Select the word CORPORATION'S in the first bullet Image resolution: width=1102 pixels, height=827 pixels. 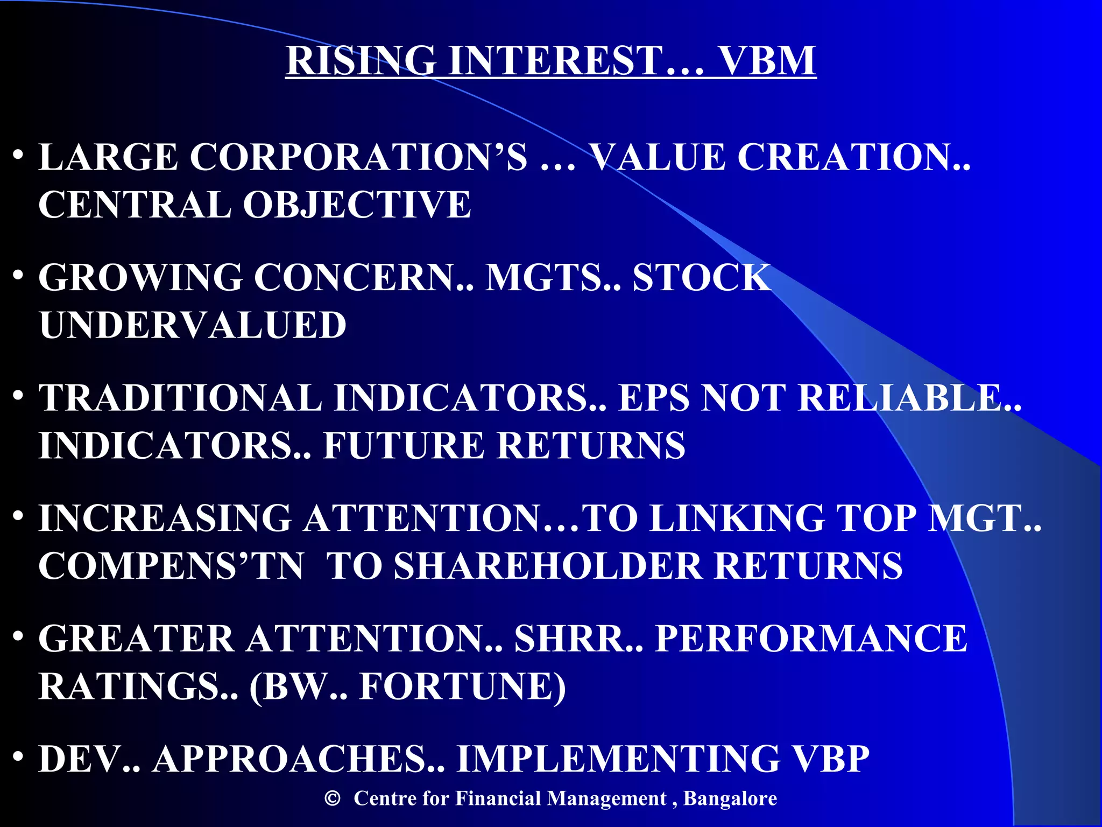coord(358,157)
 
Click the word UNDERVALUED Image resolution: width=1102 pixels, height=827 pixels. coord(193,325)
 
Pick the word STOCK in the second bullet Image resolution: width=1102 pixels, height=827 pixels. coord(701,278)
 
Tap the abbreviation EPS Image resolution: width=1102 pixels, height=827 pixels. coord(653,398)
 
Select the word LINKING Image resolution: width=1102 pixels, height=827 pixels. coord(737,518)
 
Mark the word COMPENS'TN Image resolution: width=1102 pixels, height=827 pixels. coord(171,566)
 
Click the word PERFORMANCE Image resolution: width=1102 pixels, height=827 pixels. coord(811,639)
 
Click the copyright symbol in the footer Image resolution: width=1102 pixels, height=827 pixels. coord(333,798)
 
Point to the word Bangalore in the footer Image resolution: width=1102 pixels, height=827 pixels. coord(730,798)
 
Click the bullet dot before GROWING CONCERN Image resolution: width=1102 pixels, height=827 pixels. coord(19,276)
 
